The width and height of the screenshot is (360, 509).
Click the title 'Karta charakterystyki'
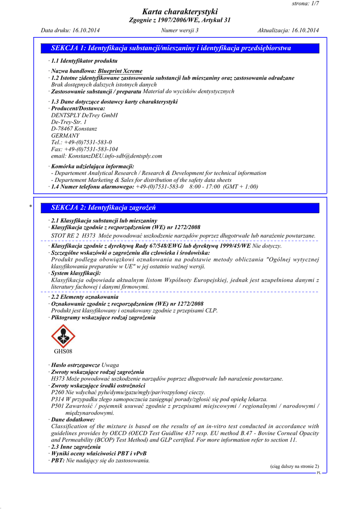point(180,12)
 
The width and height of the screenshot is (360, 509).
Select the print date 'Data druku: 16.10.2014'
point(70,30)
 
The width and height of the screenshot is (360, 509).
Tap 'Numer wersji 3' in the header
point(180,30)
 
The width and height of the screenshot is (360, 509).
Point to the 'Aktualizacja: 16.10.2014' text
point(288,30)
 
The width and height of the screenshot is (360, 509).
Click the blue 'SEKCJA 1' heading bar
point(180,48)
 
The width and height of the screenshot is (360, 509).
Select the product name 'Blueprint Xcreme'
point(120,71)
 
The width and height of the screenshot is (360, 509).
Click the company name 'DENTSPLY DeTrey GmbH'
point(85,115)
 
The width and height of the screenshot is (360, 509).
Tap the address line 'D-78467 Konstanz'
point(74,129)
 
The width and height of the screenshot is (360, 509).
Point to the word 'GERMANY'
point(65,135)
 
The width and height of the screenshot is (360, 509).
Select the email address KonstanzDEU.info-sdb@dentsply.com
point(115,156)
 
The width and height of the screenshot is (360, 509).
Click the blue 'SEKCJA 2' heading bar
point(180,208)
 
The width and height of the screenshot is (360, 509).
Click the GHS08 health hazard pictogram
point(63,337)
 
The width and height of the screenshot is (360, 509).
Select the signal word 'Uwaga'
point(110,365)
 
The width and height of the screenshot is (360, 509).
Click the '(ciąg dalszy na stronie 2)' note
point(294,466)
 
